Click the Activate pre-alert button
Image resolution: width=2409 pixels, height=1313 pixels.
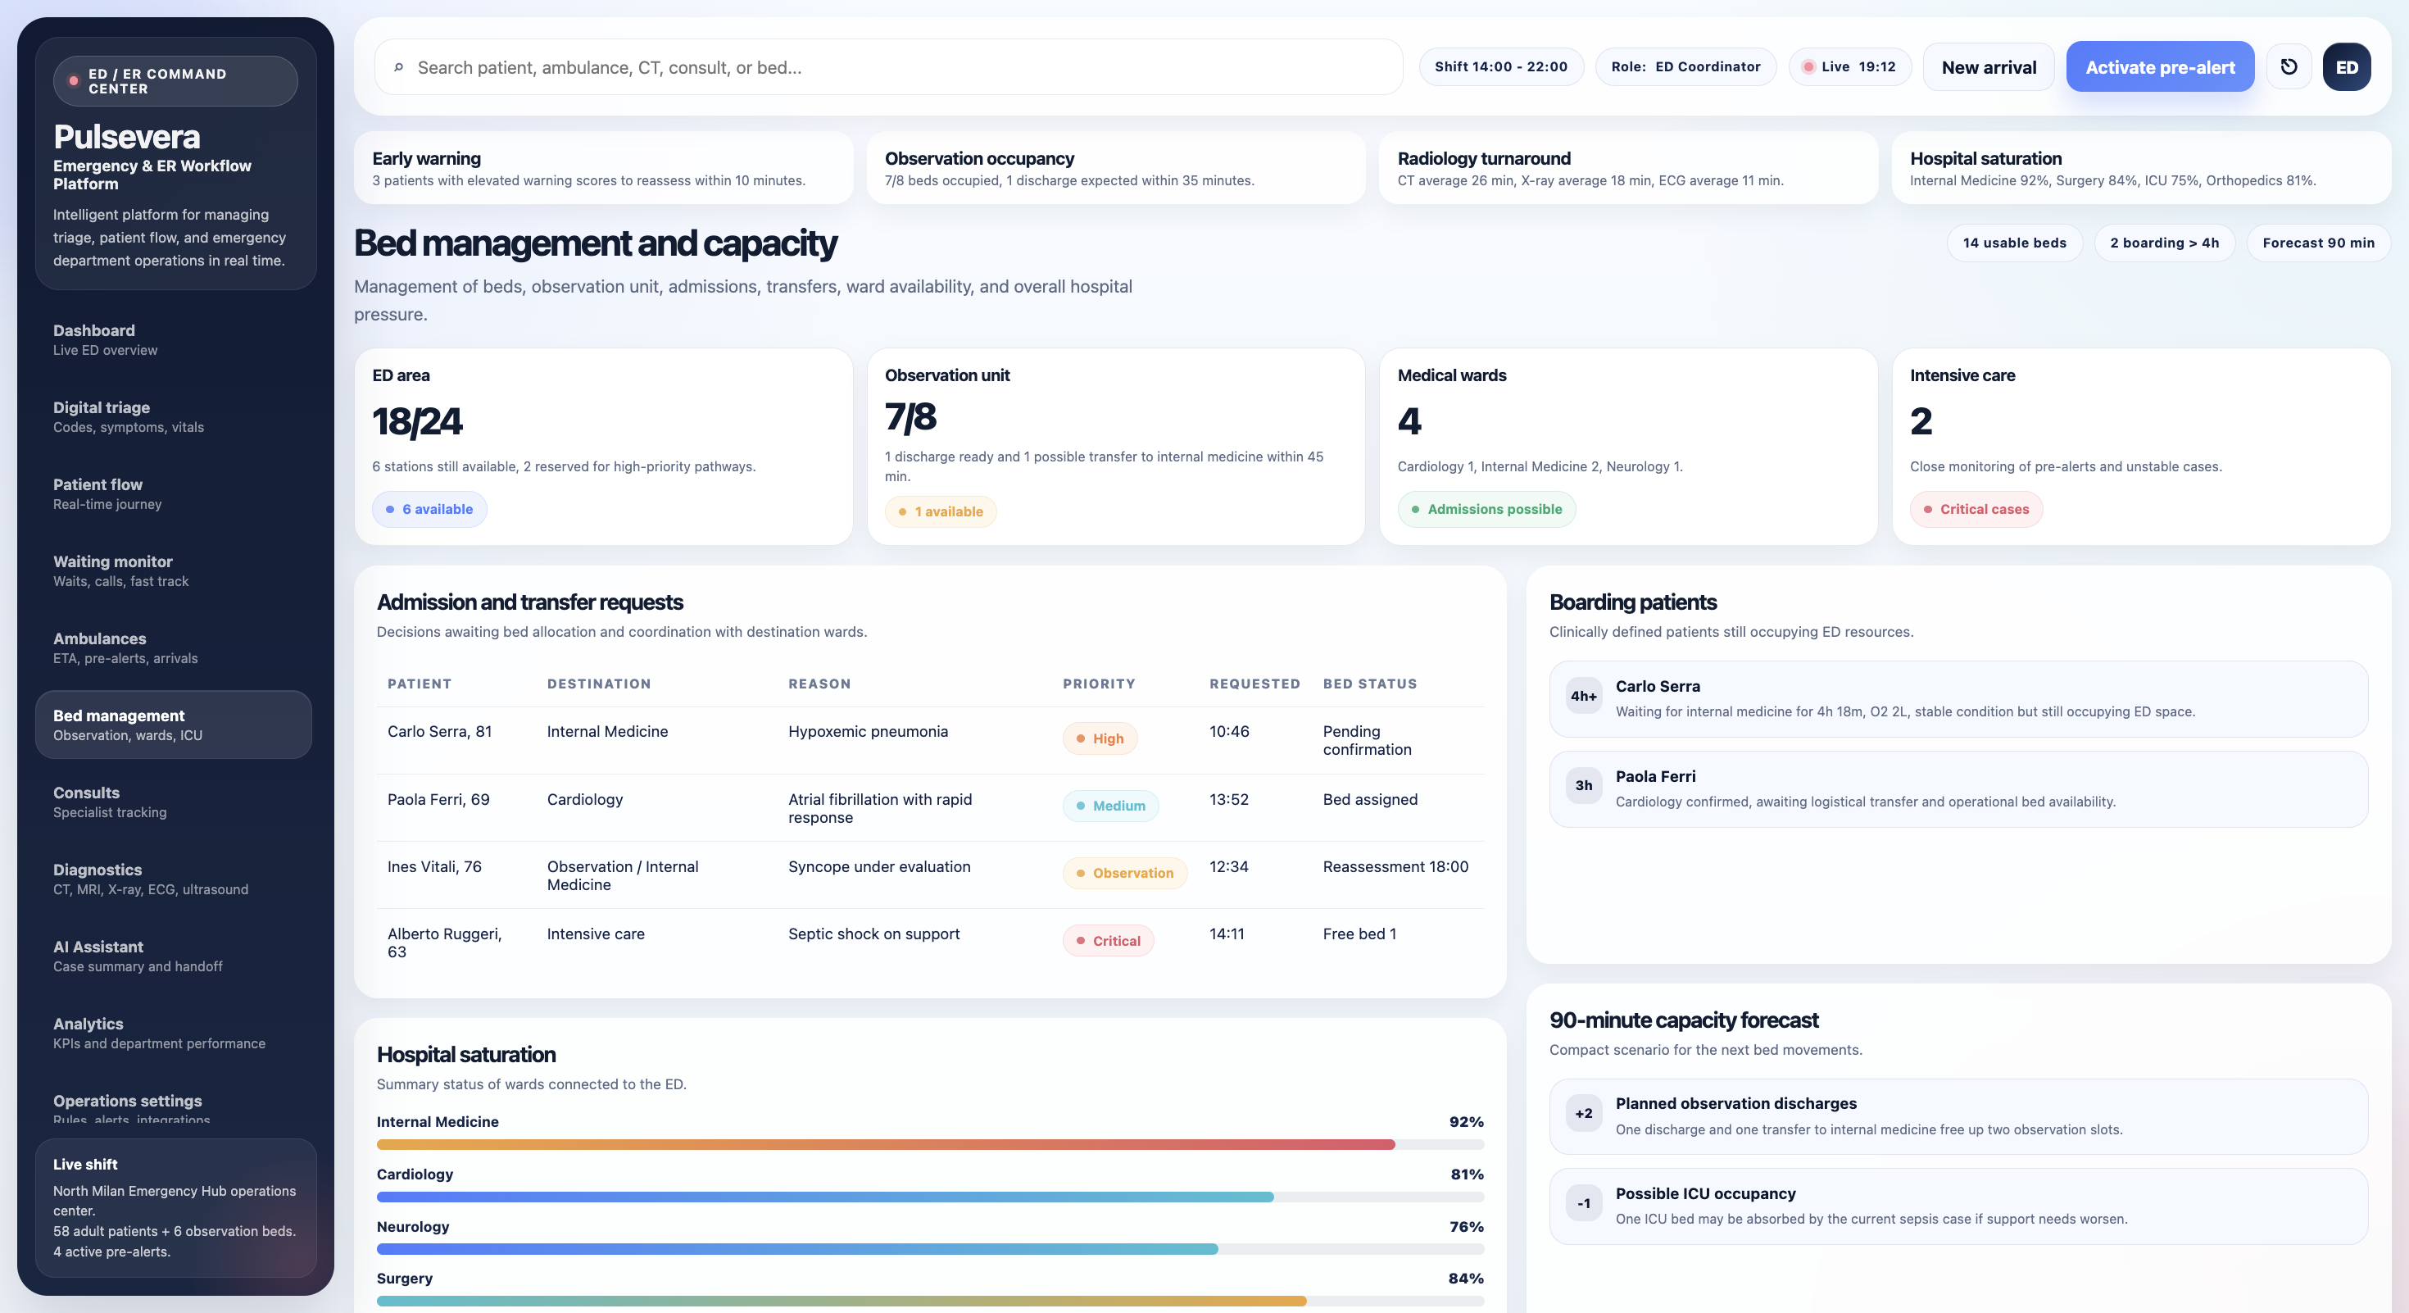click(2159, 67)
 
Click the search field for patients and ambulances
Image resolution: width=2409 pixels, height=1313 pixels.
click(888, 67)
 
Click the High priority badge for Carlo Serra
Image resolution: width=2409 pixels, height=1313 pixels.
click(1100, 738)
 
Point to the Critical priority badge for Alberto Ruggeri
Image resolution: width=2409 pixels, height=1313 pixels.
click(1108, 941)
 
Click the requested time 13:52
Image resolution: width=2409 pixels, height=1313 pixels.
click(1229, 800)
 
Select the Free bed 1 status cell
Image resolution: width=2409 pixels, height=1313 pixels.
click(1359, 934)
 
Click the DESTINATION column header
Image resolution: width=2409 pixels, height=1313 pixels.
click(598, 684)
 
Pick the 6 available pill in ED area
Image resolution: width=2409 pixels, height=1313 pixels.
click(429, 510)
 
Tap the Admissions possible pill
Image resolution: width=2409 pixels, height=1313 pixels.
click(1487, 510)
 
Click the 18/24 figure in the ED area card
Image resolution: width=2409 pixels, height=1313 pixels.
click(417, 422)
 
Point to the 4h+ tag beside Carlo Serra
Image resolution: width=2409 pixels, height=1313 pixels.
click(1583, 696)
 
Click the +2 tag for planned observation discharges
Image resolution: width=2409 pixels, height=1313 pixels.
click(1583, 1114)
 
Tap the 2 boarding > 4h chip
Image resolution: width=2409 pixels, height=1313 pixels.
click(2164, 243)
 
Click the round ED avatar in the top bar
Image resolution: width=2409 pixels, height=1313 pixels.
click(2347, 67)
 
